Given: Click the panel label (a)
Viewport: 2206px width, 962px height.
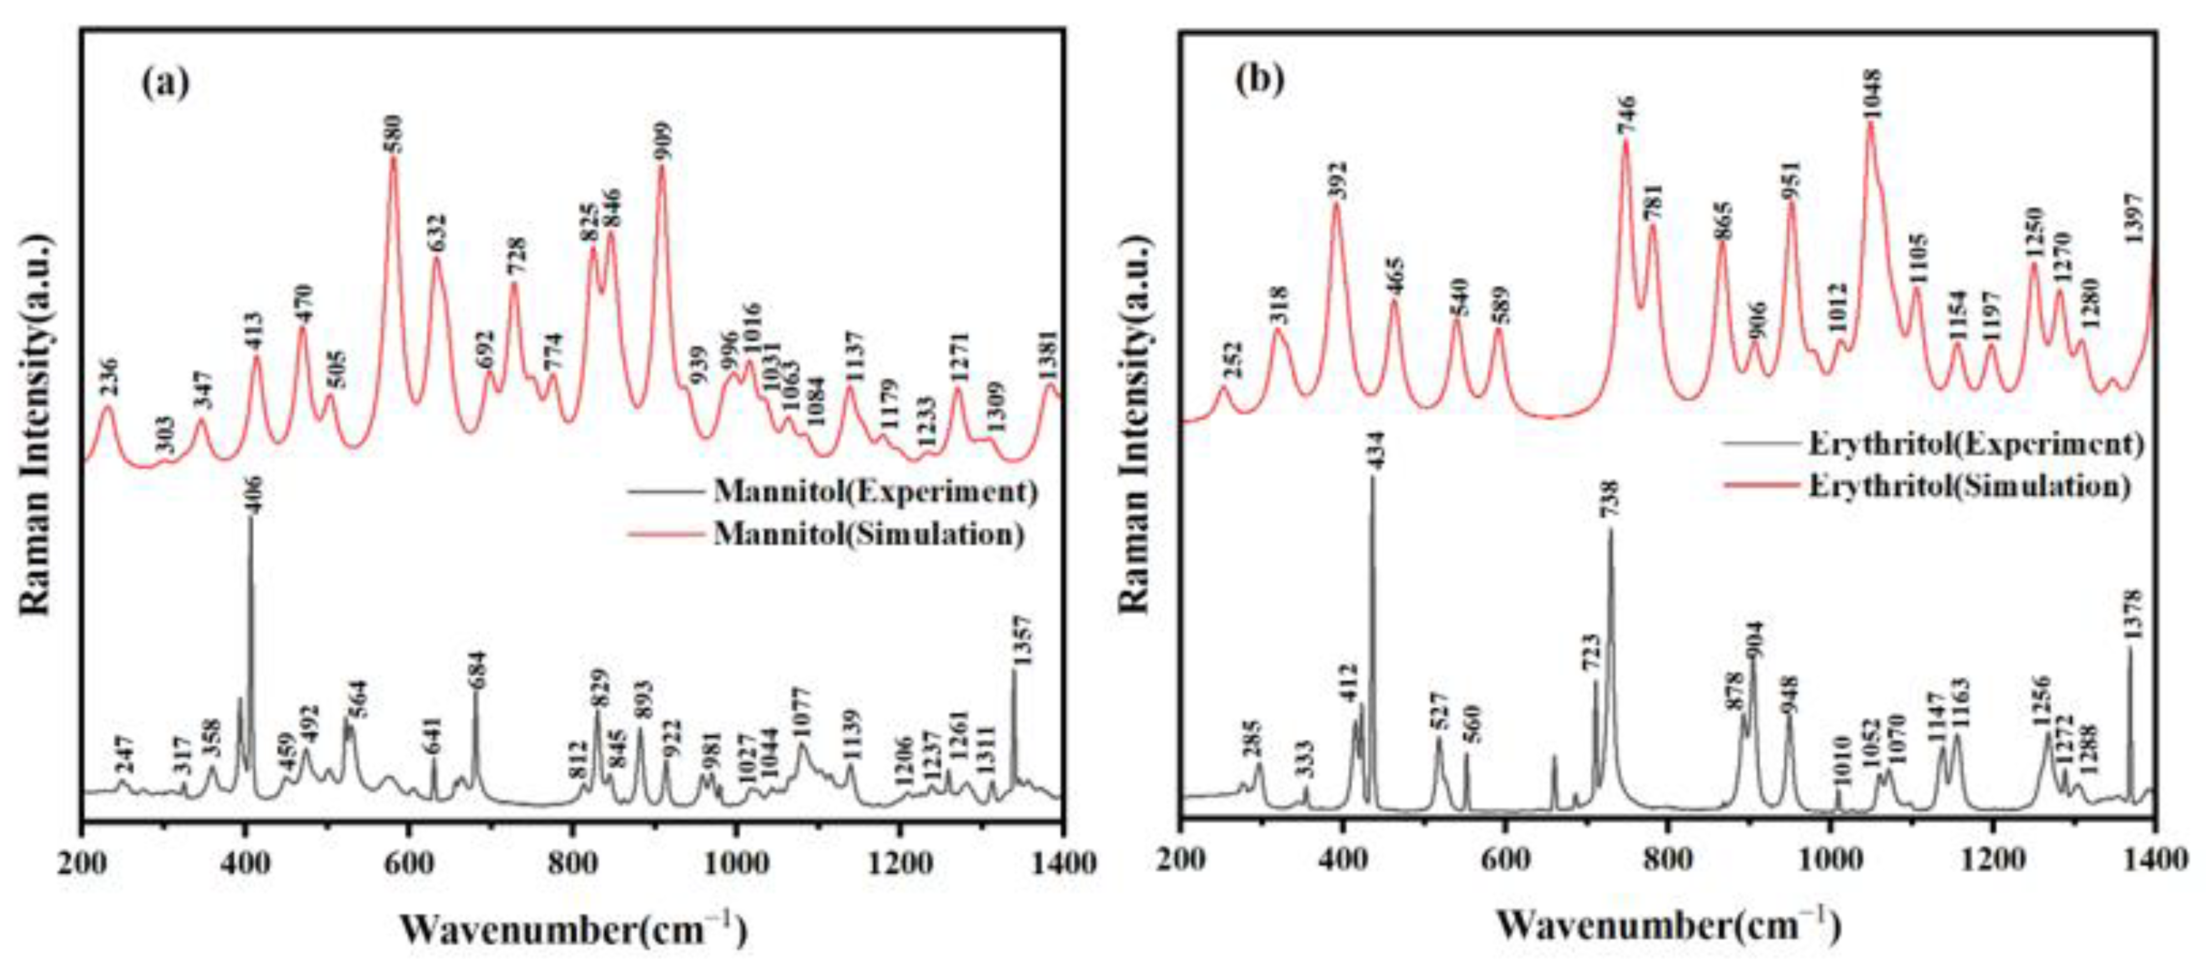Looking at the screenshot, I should tap(165, 83).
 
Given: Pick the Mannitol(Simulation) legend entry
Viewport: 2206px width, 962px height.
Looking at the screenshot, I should tap(868, 534).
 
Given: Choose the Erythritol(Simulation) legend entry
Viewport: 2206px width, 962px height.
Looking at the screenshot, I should tap(1968, 486).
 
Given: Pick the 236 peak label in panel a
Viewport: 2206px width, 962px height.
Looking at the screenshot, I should tap(109, 377).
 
